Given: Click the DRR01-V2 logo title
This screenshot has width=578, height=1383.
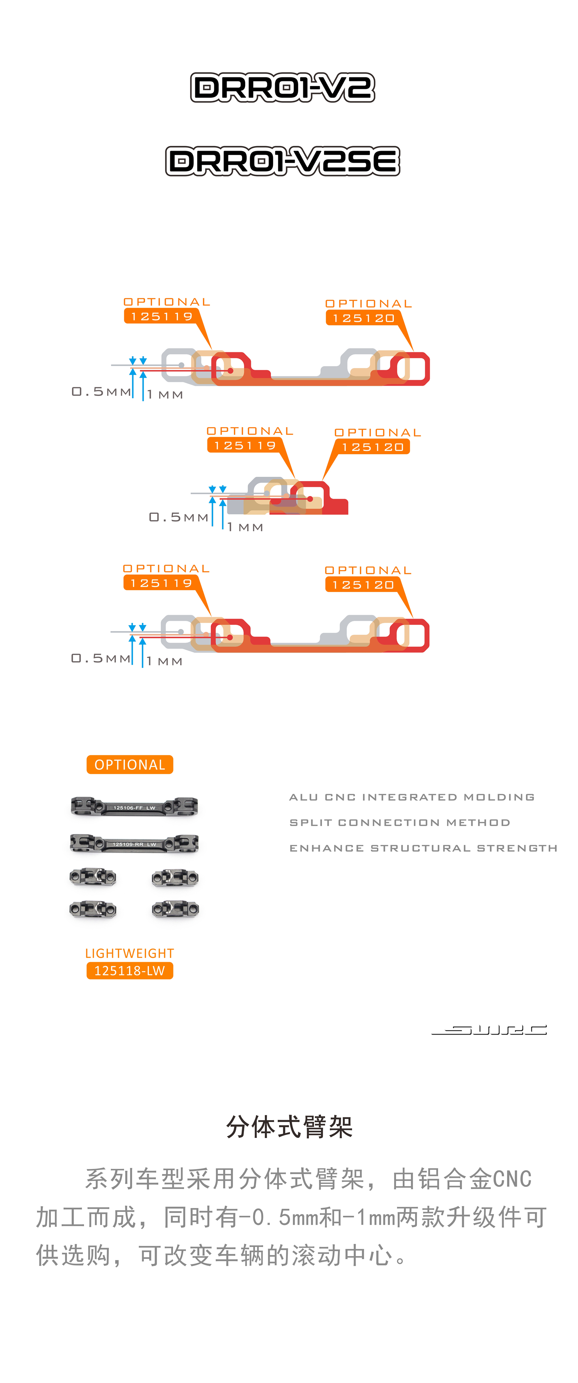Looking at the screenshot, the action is tap(282, 87).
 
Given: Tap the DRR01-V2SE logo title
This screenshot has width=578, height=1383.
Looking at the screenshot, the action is tap(282, 161).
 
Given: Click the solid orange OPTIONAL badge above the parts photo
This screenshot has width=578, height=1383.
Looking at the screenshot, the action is tap(130, 764).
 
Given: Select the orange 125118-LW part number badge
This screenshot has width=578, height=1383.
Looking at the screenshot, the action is tap(130, 971).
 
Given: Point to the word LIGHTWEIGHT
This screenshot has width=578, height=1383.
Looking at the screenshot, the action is tap(130, 954).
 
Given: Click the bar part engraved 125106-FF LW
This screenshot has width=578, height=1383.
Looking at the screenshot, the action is tap(134, 806).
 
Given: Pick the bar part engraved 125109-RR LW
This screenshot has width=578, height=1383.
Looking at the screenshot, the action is tap(134, 843).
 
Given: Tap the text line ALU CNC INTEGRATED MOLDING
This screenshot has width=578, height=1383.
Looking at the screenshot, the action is tap(412, 797).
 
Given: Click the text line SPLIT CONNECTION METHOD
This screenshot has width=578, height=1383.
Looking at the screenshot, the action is tap(400, 823).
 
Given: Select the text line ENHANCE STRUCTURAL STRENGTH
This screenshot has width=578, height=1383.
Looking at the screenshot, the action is tap(423, 848).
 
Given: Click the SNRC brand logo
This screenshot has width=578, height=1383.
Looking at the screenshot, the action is tap(489, 1030).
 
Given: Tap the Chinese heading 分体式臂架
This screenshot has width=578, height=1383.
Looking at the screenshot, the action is tap(289, 1126).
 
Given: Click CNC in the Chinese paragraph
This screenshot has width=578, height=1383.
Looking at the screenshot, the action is tap(512, 1179).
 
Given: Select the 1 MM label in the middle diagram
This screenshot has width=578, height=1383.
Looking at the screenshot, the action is tap(245, 527).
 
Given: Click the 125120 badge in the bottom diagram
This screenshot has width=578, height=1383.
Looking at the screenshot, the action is tap(363, 585).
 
